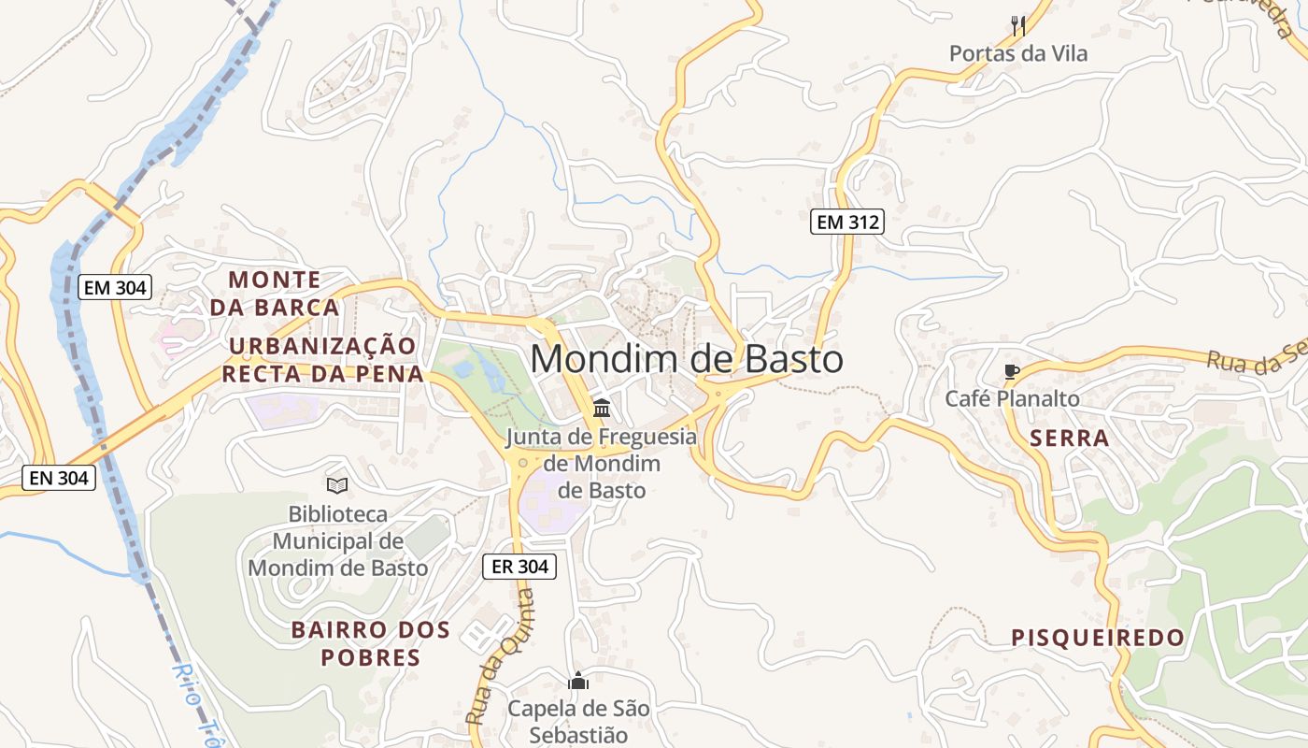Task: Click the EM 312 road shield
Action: coord(846,223)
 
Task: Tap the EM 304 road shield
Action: coord(115,288)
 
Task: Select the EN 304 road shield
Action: coord(59,479)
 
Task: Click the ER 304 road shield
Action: coord(519,567)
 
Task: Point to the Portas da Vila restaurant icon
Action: coord(1018,25)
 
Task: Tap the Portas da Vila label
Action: coord(1018,54)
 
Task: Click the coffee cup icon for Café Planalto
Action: coord(1011,372)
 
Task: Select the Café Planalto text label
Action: coord(1012,399)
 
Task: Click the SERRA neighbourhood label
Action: coord(1070,439)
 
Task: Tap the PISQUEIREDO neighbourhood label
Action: coord(1098,639)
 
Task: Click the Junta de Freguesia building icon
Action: coord(602,409)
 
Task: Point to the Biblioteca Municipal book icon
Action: coord(337,485)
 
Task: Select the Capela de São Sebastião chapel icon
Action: coord(578,681)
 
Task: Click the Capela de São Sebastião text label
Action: coord(578,722)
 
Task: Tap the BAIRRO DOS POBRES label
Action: coord(371,643)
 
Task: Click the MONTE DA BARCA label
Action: coord(274,293)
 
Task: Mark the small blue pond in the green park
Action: coord(464,369)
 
